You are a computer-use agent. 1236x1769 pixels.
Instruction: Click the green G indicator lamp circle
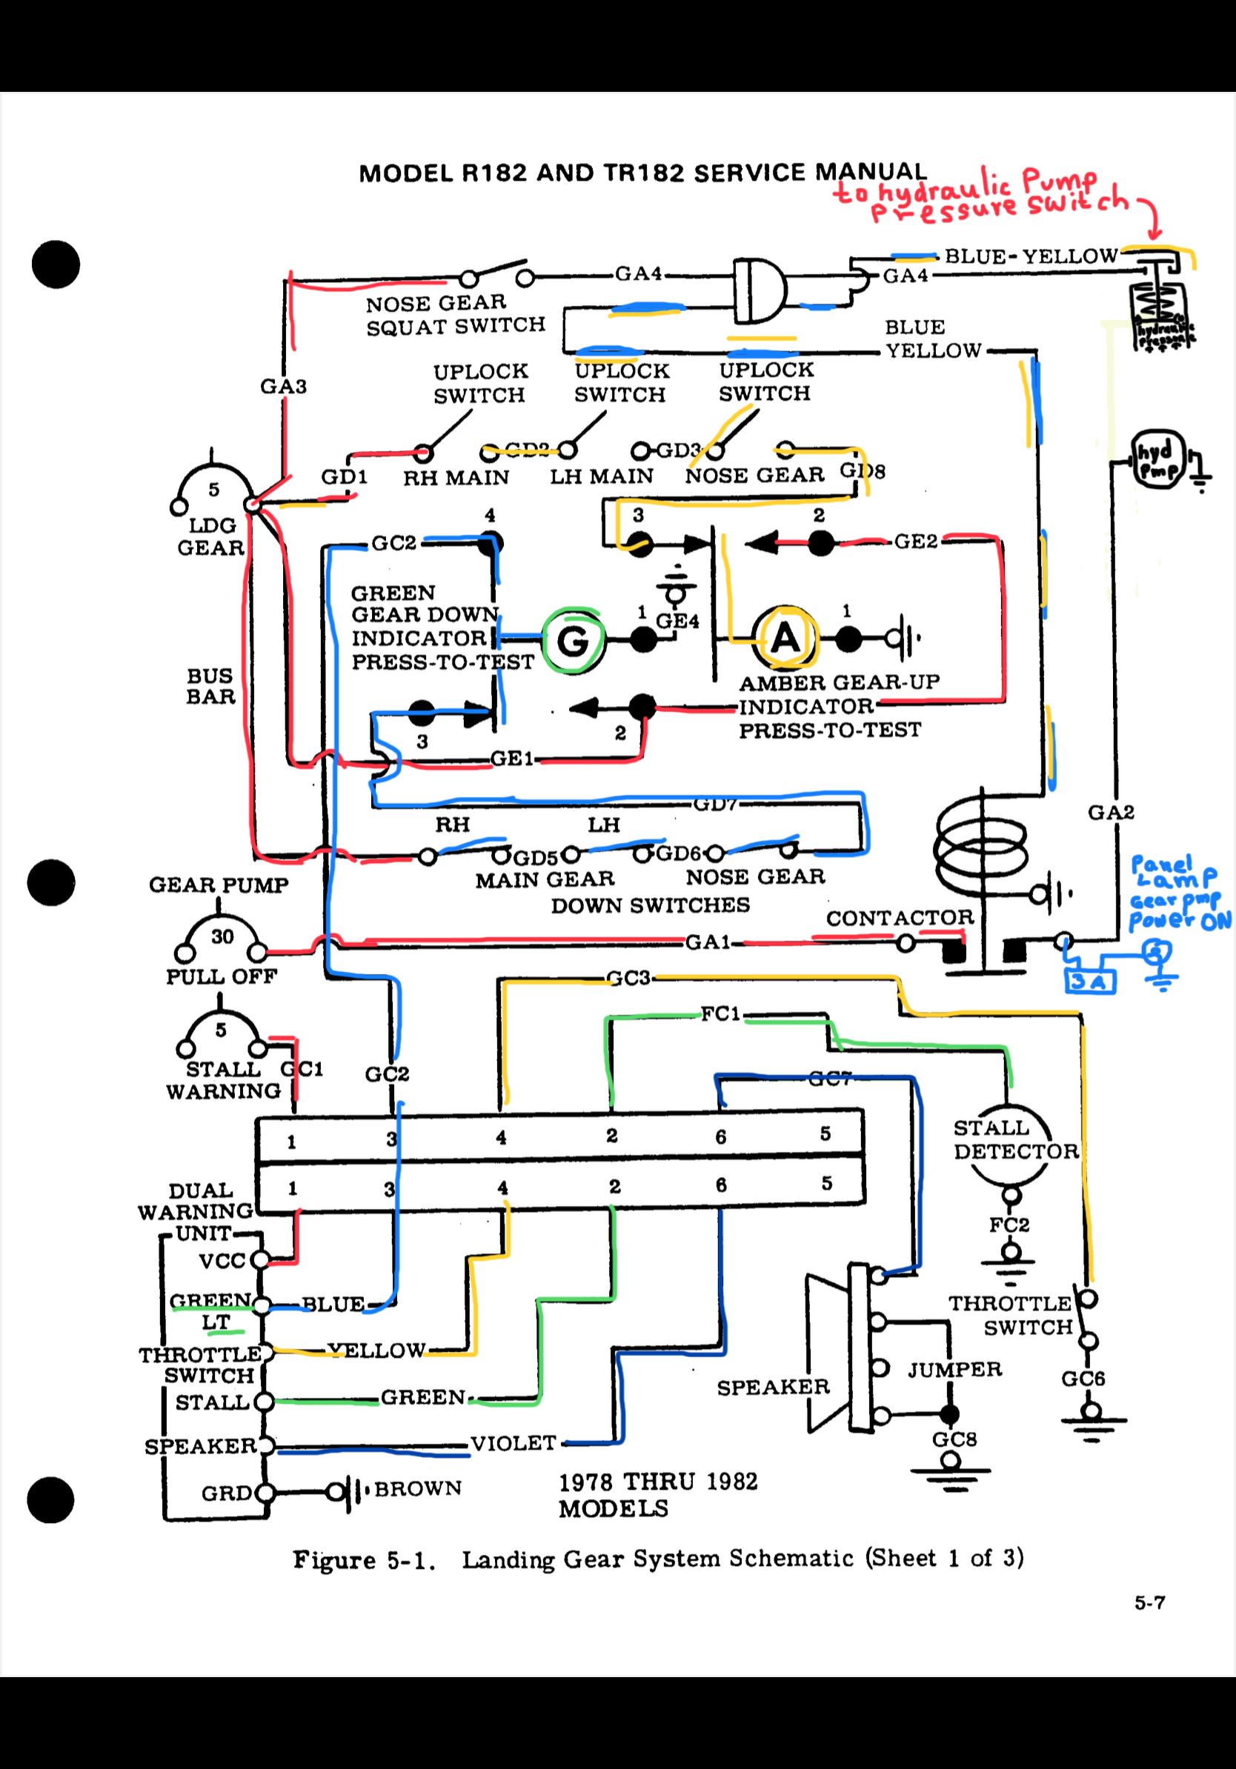(573, 639)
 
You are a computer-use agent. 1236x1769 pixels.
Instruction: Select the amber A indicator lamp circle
(785, 637)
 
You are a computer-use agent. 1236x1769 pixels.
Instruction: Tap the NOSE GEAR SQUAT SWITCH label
(455, 314)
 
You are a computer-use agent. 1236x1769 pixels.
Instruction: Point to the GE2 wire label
(915, 542)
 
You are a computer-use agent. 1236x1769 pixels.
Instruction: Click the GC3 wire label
(628, 978)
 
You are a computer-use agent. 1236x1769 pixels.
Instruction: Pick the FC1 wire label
(720, 1014)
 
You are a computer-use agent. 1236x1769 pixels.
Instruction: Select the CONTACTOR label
(900, 918)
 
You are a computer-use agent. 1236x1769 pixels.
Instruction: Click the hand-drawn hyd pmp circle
(1157, 460)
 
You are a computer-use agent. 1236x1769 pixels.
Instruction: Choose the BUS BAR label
(210, 686)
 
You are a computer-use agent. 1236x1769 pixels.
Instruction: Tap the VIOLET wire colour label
(514, 1443)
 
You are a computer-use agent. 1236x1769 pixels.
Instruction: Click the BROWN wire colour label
(419, 1488)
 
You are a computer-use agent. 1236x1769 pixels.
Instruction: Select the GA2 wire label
(1110, 812)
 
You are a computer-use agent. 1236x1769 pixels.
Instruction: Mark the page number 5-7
(1149, 1602)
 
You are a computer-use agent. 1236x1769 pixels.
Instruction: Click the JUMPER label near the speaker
(954, 1369)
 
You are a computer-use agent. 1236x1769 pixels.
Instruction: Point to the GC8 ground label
(954, 1439)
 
